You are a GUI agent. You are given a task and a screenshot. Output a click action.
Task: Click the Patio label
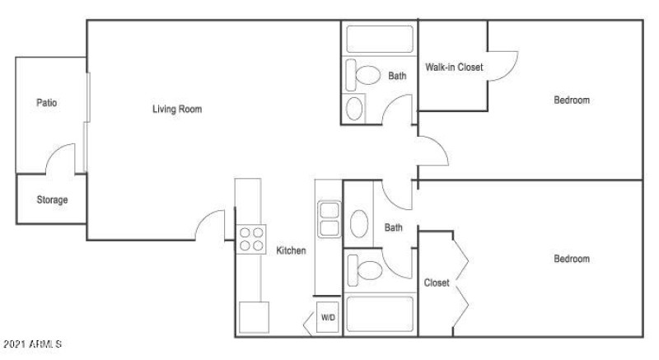coord(46,103)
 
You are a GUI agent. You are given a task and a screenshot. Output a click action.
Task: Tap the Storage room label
coord(52,200)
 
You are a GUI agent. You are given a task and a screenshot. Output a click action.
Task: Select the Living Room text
coord(177,109)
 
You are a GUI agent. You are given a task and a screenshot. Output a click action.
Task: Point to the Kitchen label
coord(291,250)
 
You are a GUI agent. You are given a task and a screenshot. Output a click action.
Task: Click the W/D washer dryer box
coord(328,317)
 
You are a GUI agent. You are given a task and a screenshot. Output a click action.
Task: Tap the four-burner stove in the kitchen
coord(252,238)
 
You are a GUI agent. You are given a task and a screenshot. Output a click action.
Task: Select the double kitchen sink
coord(329,218)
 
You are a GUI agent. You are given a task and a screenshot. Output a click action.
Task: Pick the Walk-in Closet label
coord(454,67)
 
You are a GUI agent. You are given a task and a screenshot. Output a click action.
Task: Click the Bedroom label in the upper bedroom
coord(571,101)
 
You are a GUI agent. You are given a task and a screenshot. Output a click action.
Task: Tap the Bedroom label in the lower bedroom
coord(571,259)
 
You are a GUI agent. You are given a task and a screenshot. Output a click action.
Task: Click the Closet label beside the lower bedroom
coord(437,283)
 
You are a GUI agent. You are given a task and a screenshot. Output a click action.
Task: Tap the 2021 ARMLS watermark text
coord(32,342)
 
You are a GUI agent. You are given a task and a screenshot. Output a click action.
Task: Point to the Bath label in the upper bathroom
coord(397,76)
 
